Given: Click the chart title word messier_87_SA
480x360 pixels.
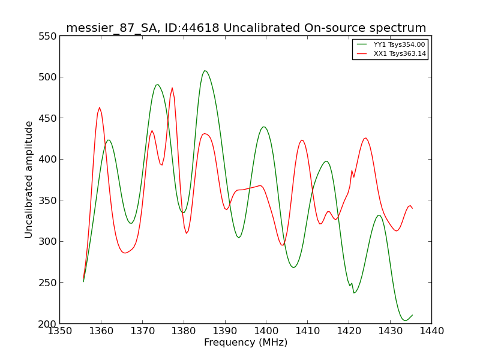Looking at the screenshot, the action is click(x=112, y=28).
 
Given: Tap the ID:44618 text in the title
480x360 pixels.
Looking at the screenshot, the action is click(x=192, y=28).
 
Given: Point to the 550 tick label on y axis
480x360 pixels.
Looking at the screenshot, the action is click(x=47, y=36).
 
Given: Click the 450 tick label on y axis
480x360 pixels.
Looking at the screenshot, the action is click(x=47, y=118).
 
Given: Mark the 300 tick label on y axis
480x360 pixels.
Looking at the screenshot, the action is click(x=47, y=242).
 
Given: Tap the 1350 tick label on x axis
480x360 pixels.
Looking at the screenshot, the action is click(x=59, y=331).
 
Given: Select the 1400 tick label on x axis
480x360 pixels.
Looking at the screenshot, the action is click(x=266, y=331).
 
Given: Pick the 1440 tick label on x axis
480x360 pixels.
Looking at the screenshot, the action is click(x=431, y=331).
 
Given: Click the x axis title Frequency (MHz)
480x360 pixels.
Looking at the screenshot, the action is click(x=246, y=342).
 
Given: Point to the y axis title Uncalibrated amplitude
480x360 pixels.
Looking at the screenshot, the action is click(x=28, y=179).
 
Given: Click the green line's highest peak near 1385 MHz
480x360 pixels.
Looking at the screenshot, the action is click(x=205, y=71).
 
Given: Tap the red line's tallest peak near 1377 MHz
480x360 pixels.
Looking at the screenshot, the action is click(x=172, y=88).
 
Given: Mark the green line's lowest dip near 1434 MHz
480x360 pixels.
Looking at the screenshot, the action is click(x=405, y=320).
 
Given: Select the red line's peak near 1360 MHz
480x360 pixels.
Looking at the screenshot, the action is click(x=100, y=107).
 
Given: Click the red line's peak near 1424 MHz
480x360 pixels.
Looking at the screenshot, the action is click(x=365, y=138).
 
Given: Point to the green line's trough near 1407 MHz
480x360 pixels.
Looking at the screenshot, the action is click(x=293, y=267).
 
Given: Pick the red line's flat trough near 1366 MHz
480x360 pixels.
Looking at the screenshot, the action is click(x=125, y=253).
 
